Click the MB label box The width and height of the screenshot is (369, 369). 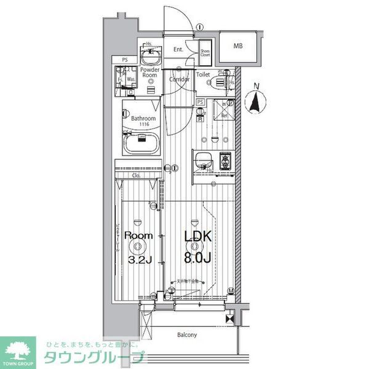pyautogui.click(x=237, y=46)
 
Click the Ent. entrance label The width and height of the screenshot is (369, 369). pyautogui.click(x=178, y=49)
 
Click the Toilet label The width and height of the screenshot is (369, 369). pyautogui.click(x=203, y=74)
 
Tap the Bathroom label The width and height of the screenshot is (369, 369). pyautogui.click(x=143, y=119)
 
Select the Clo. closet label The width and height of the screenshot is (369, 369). pyautogui.click(x=137, y=176)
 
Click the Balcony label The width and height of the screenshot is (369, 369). pyautogui.click(x=187, y=335)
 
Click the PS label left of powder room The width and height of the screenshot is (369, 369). pyautogui.click(x=125, y=60)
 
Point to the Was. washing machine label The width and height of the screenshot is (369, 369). pyautogui.click(x=131, y=80)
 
